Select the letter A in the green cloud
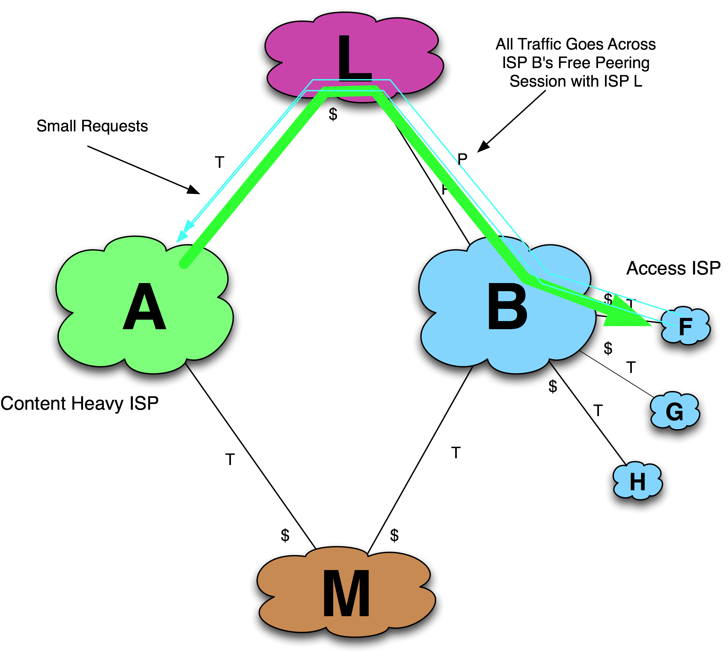144,307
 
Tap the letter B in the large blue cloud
507,307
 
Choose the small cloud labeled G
675,412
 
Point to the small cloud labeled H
637,482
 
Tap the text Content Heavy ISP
80,403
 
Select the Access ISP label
673,268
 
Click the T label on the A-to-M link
230,460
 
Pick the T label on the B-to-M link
456,453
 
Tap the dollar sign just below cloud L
333,115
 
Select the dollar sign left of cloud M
285,535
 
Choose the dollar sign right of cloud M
394,535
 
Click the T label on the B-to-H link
598,411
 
